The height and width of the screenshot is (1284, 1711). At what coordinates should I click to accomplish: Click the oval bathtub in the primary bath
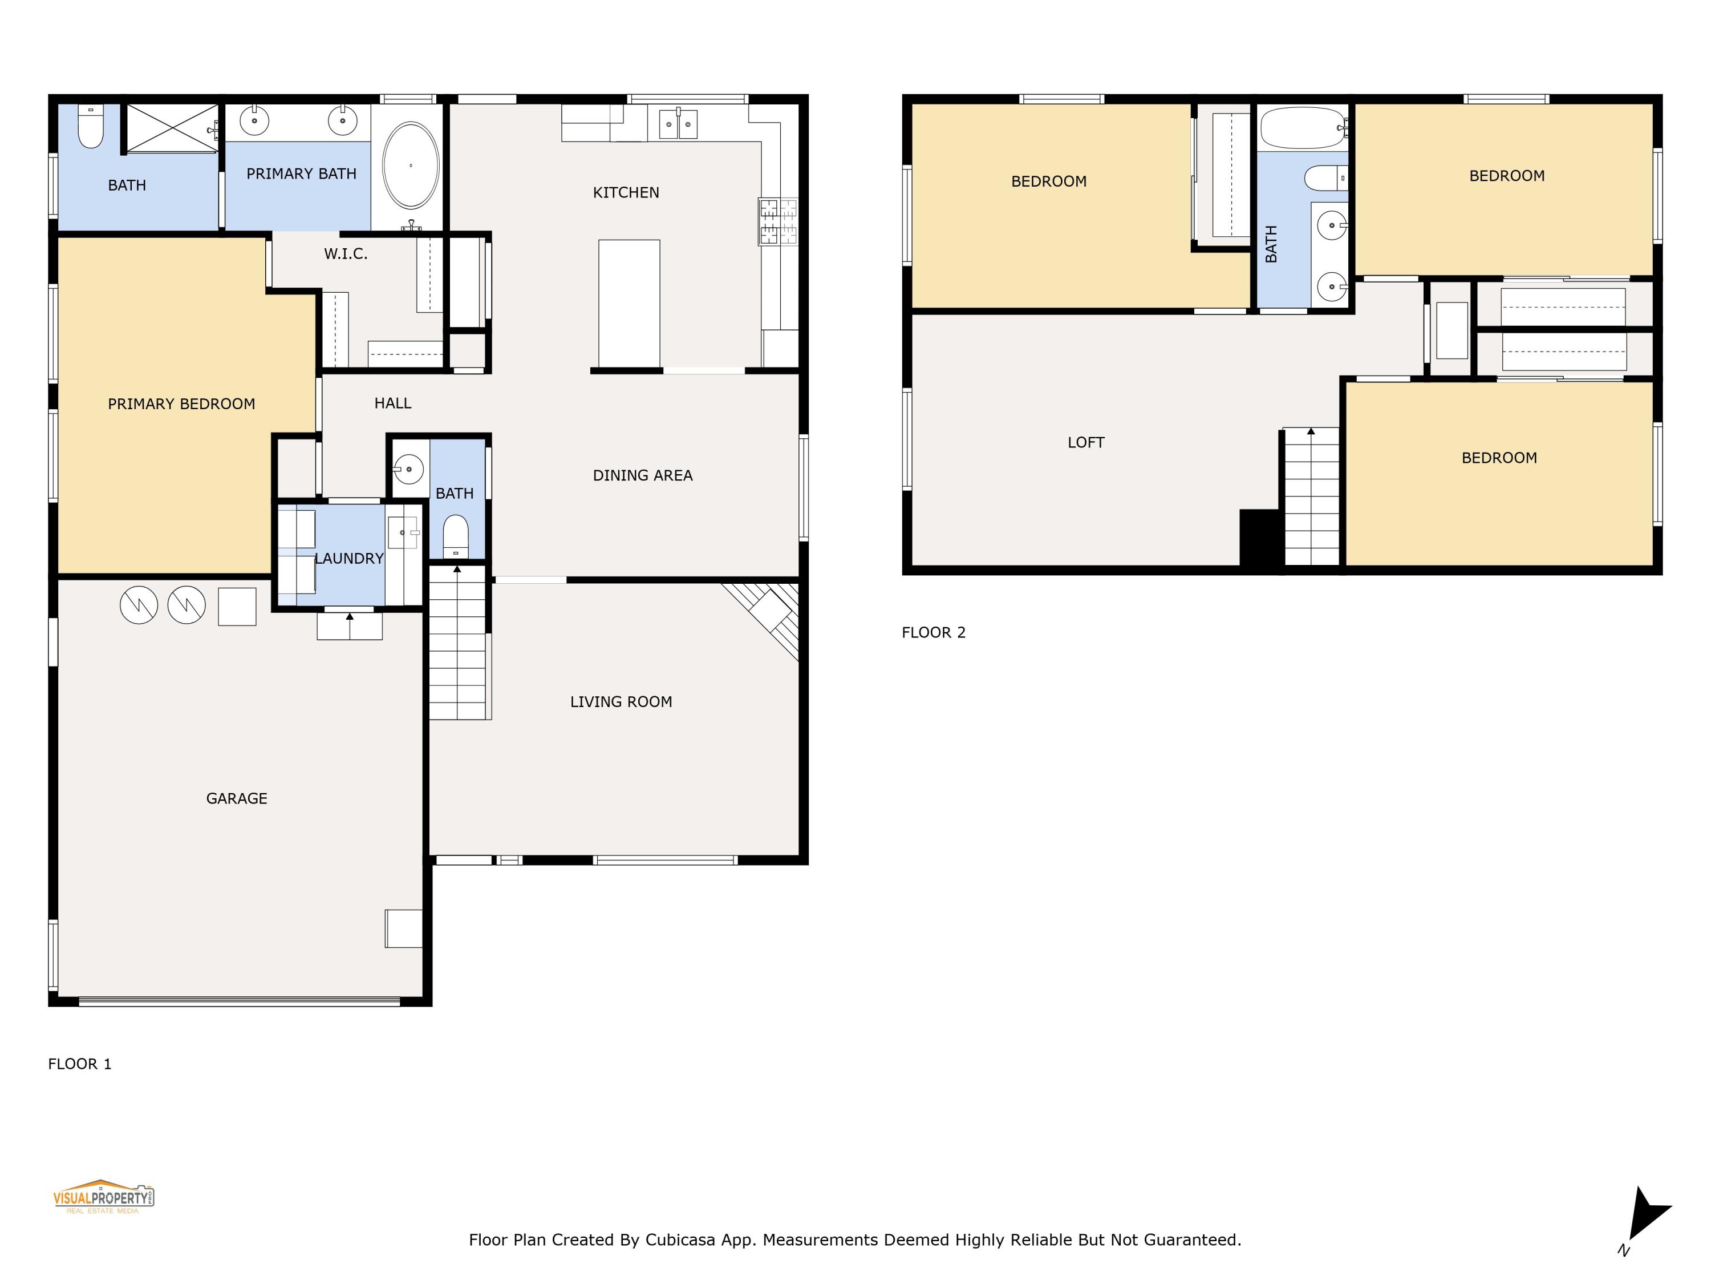pos(411,165)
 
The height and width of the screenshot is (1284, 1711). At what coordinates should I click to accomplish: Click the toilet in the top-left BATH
pos(91,128)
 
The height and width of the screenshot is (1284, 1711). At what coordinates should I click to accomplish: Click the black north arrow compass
pos(1648,1217)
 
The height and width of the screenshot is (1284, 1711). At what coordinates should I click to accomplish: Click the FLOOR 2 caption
pos(933,632)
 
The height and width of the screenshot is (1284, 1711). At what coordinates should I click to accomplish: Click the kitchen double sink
pos(678,124)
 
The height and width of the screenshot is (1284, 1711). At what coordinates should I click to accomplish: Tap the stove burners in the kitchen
pos(777,222)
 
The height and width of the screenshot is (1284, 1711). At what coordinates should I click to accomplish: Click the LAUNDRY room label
pos(349,559)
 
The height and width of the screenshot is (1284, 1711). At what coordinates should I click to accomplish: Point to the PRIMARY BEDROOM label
pos(181,404)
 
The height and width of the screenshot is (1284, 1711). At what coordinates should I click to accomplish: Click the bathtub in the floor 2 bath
pos(1302,128)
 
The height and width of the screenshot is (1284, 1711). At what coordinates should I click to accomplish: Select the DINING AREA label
pos(642,476)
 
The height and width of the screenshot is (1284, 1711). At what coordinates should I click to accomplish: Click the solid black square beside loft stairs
pos(1259,539)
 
